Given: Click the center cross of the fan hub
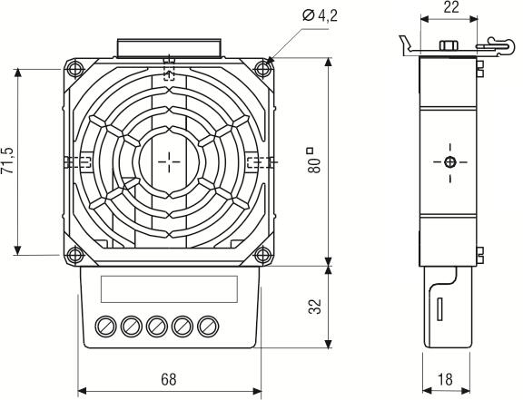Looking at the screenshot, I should [169, 161].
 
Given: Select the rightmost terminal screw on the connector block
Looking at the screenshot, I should [211, 324].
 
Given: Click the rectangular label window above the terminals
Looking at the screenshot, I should [168, 288].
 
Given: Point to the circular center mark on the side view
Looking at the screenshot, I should [449, 162].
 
